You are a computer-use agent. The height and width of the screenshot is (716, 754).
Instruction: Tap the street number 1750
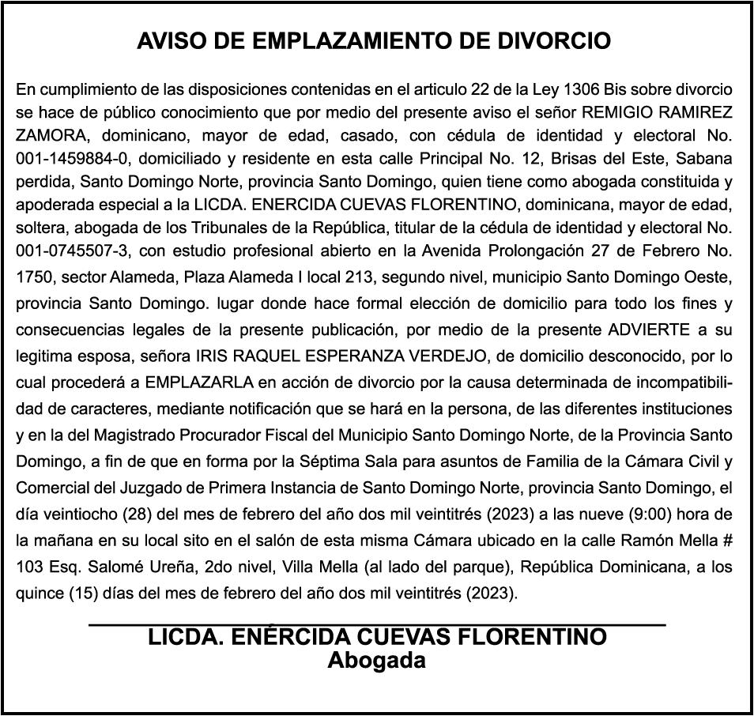coord(32,278)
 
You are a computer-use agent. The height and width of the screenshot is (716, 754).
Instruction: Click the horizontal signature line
coord(377,624)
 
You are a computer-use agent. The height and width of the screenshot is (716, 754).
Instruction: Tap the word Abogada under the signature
coord(376,660)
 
